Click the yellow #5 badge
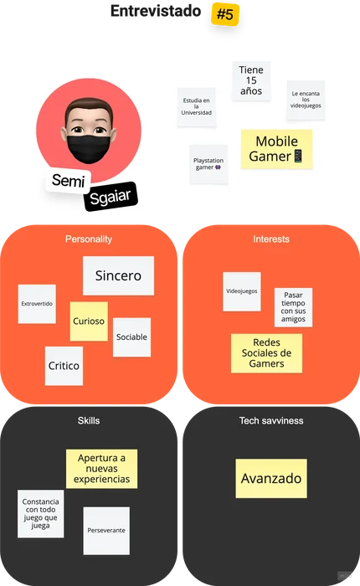(225, 14)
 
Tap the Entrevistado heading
(156, 11)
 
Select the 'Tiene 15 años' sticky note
(251, 80)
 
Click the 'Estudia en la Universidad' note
(196, 106)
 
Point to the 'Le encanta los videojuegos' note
(306, 100)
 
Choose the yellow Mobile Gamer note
(276, 149)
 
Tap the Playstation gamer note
(208, 164)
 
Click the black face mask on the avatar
(89, 148)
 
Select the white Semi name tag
(68, 181)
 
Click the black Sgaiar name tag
(111, 196)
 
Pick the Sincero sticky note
(118, 275)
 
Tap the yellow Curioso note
(89, 321)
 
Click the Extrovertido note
(37, 304)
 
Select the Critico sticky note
(64, 366)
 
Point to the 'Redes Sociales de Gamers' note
(266, 353)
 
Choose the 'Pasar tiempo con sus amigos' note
(294, 307)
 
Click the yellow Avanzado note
(271, 478)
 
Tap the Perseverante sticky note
(106, 531)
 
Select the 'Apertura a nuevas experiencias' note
(101, 469)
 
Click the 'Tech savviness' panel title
(271, 421)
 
